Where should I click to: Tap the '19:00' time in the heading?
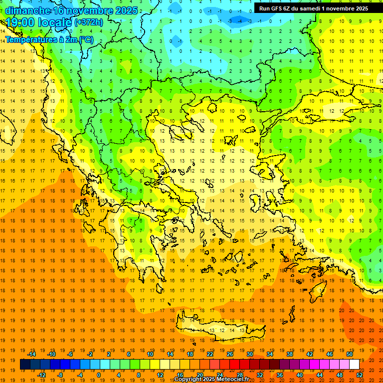pos(22,22)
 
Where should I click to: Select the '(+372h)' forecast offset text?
pos(89,22)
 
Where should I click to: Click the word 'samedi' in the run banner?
pos(313,8)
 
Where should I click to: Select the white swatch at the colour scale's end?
pos(354,365)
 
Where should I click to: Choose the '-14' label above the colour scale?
pos(31,354)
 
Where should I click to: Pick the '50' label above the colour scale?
pos(349,354)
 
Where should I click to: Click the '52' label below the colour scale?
pos(360,375)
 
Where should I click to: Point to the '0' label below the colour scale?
pos(99,375)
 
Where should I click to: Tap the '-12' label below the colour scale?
pos(41,375)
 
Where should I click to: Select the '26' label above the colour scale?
pos(229,354)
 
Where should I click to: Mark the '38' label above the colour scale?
pos(289,354)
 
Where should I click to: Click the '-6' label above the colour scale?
pos(71,354)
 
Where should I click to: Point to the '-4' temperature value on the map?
pos(230,21)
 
